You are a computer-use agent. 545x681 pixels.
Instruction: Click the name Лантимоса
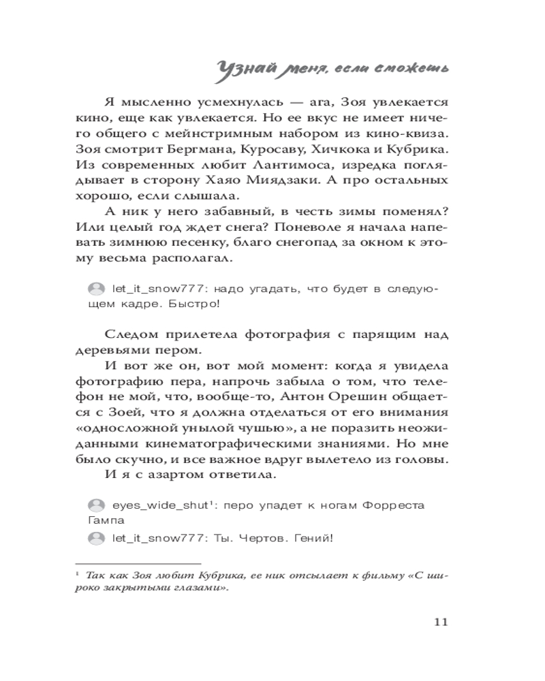253,164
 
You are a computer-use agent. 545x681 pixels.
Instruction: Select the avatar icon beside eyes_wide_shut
97,506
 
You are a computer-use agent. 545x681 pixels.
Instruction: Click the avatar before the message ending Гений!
97,539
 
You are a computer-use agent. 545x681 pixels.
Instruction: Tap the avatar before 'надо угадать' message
97,289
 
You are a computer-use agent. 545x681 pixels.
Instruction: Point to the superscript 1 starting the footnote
78,573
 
